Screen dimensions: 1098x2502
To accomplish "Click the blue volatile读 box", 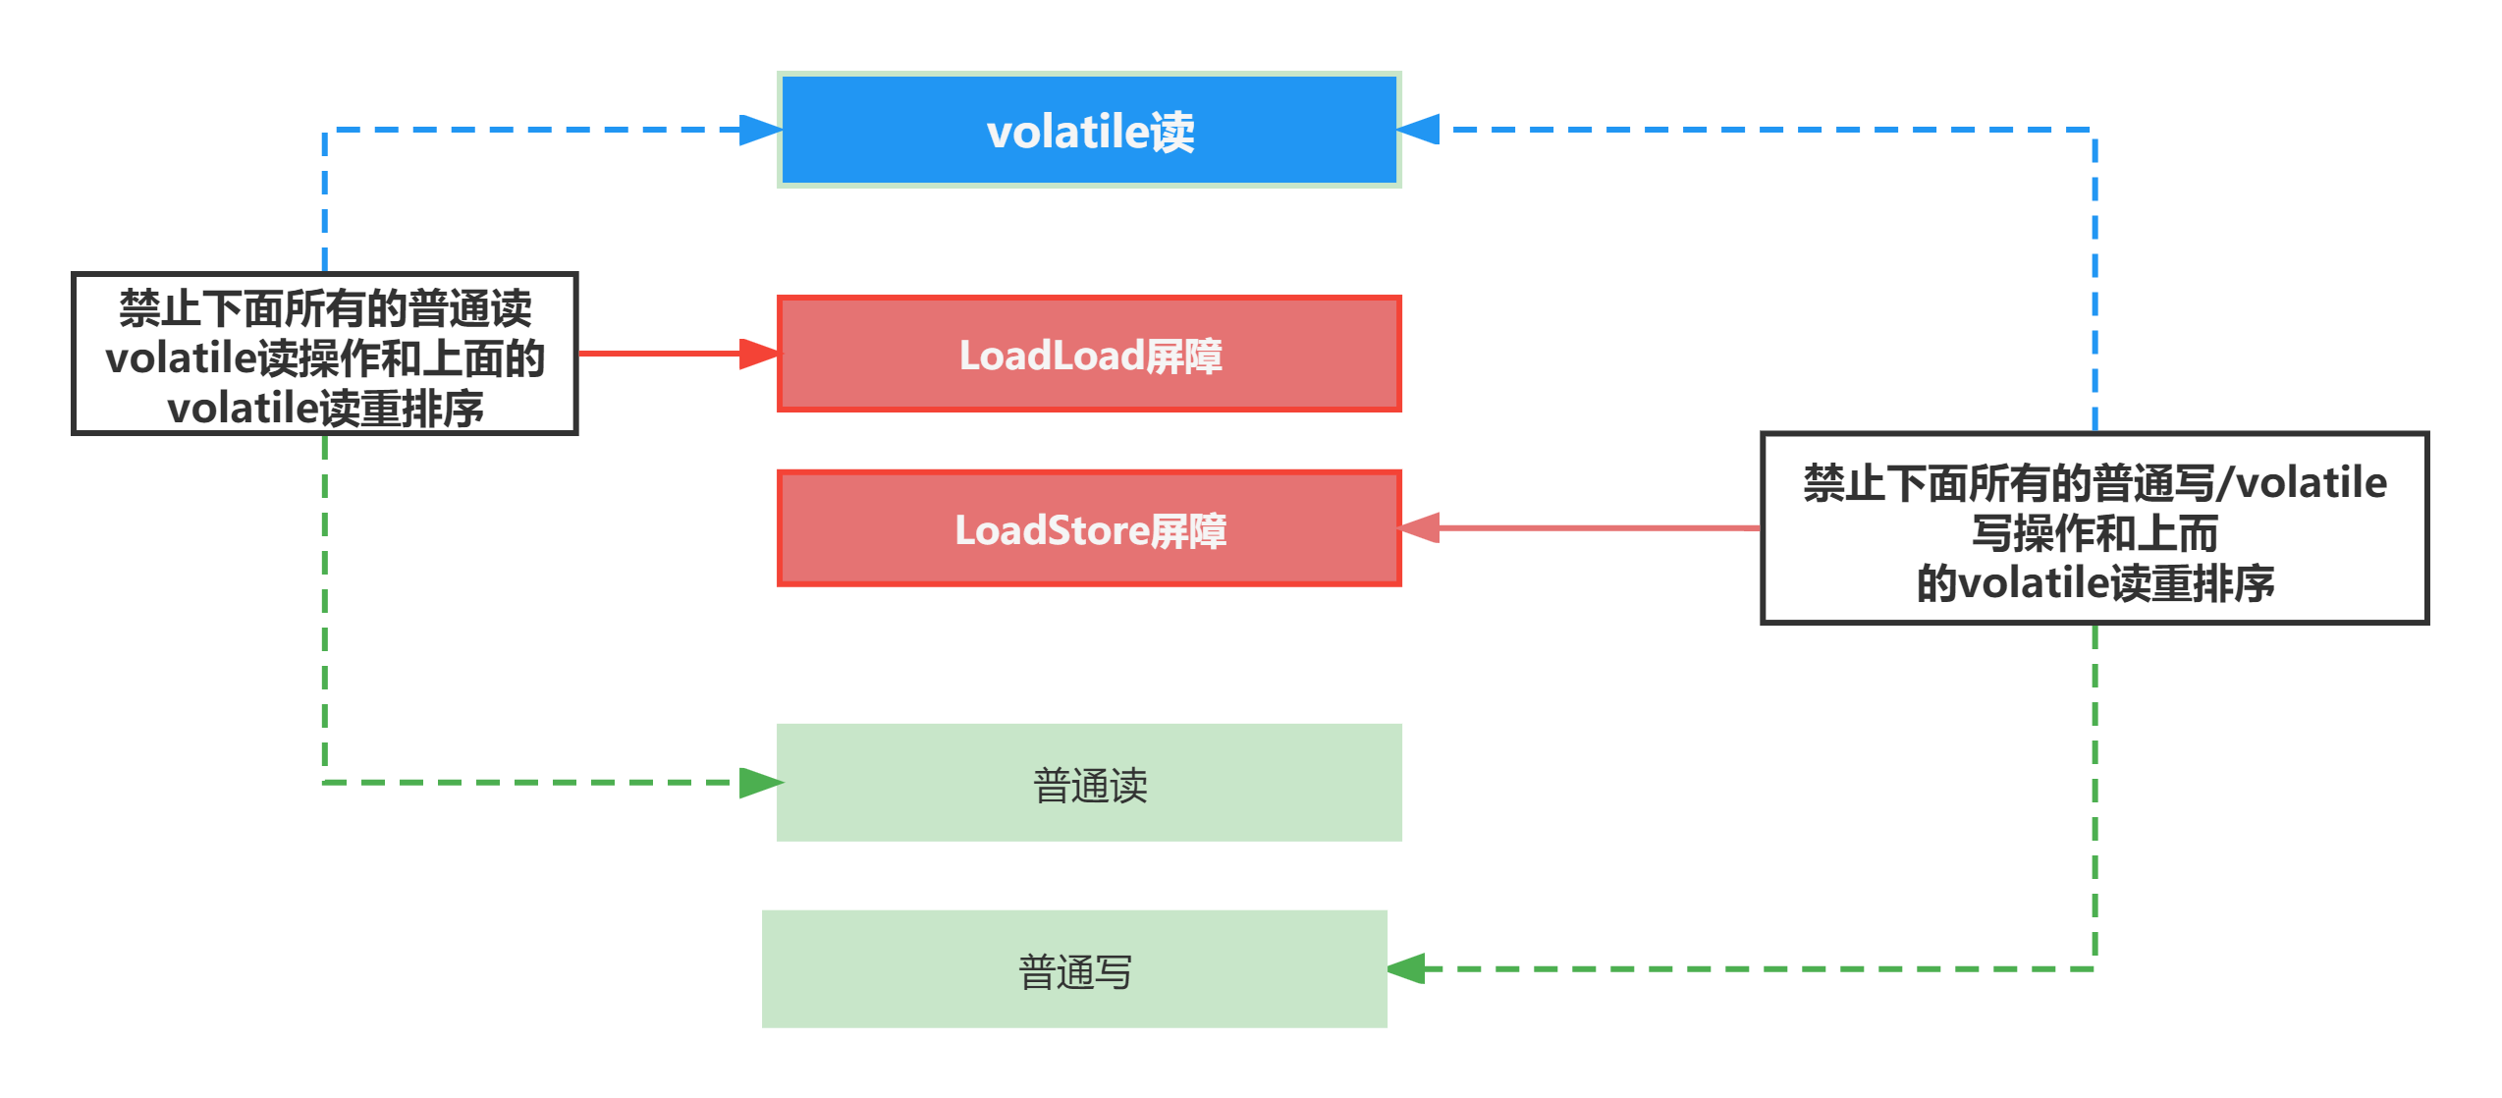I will click(1089, 130).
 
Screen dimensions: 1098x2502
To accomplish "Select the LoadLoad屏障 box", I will click(1089, 355).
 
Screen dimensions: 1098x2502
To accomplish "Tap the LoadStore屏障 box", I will click(1089, 528).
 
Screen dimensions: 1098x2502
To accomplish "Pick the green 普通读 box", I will click(1089, 782).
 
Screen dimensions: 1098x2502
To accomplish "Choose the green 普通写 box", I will click(1074, 968).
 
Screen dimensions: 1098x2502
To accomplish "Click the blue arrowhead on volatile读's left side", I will click(759, 130).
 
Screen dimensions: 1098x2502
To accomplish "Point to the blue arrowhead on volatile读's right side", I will click(1420, 130).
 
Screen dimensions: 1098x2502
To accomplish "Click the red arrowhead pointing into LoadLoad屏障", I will click(759, 354).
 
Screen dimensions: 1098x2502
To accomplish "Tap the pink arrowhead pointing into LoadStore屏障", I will click(1420, 528).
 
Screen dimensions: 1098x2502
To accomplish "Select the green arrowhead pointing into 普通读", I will click(759, 783).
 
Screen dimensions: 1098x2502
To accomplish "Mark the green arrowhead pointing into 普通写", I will click(1406, 968).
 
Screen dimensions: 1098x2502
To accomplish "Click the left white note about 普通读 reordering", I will click(325, 355).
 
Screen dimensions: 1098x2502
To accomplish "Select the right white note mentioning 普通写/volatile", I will click(2094, 528).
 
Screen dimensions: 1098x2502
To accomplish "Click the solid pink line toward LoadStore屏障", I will click(1601, 528).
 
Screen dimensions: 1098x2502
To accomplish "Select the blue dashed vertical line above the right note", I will click(2094, 285).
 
